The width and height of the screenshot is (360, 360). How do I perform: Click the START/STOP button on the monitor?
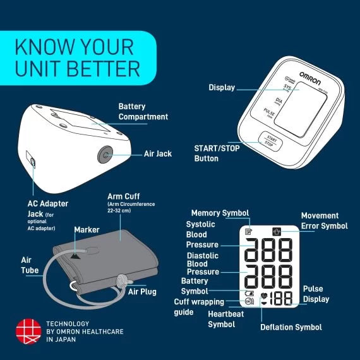click(271, 141)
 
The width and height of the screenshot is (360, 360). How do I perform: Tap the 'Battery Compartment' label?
click(143, 112)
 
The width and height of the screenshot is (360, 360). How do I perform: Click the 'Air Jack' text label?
click(158, 153)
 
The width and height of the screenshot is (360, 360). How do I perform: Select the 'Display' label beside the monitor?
click(222, 88)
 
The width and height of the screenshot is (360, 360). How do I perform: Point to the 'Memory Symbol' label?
click(220, 213)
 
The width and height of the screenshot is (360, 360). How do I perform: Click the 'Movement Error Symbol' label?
click(324, 220)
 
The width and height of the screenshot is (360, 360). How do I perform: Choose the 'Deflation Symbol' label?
click(291, 327)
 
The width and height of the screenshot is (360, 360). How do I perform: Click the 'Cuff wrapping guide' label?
click(198, 307)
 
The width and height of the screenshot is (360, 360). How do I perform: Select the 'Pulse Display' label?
click(316, 294)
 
